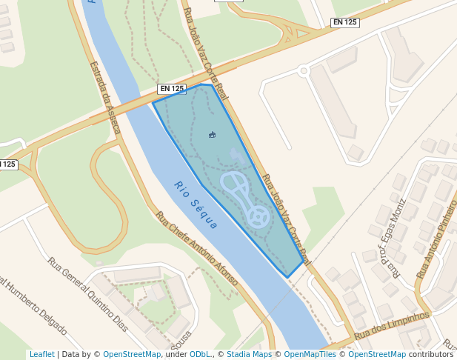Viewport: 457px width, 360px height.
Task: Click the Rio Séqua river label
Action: (x=196, y=204)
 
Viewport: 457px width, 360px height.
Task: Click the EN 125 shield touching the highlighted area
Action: (x=171, y=89)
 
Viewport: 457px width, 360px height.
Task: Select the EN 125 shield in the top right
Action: (x=345, y=22)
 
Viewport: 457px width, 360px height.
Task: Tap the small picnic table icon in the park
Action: (x=213, y=135)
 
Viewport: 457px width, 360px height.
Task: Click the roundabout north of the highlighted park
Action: (x=303, y=71)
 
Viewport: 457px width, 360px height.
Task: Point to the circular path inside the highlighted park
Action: (x=258, y=216)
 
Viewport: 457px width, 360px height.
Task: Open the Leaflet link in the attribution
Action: (x=41, y=354)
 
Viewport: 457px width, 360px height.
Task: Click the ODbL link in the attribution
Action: (x=199, y=354)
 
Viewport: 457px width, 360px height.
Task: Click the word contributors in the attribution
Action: (x=430, y=354)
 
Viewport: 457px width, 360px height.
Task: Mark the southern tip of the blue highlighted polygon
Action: (x=287, y=278)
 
